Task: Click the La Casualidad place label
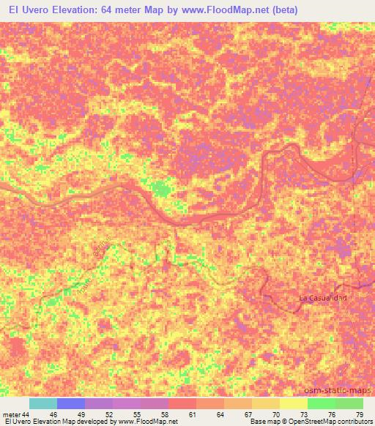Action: point(322,298)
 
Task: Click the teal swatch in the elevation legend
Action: point(42,403)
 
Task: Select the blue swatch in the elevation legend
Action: point(70,403)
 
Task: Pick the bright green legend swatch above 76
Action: point(321,403)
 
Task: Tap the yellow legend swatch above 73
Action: point(293,403)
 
